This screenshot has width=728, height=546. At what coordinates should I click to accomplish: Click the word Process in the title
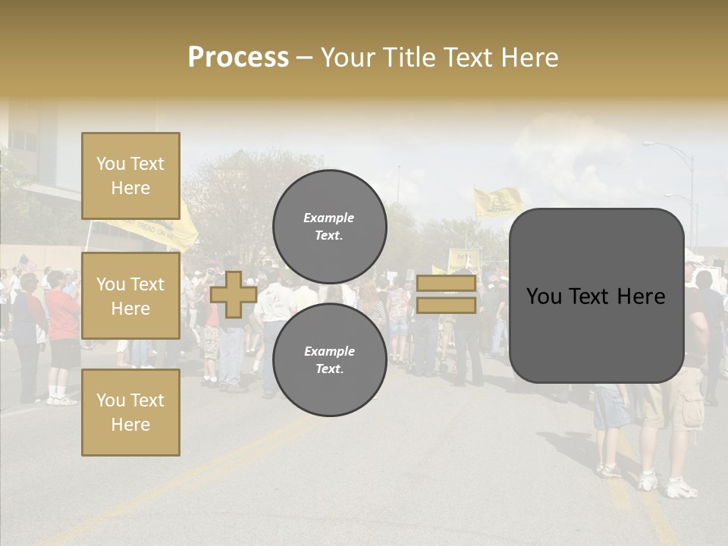238,58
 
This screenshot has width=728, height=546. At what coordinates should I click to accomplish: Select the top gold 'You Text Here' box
130,176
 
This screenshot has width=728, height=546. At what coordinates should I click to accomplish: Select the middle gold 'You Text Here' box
130,296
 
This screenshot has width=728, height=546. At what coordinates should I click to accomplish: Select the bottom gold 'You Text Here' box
130,412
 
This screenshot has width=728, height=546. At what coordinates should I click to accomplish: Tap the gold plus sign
234,294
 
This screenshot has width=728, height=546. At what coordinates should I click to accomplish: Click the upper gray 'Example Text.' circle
329,227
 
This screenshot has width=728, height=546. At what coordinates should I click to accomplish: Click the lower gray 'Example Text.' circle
329,360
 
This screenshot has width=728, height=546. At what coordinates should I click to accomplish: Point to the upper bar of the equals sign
446,284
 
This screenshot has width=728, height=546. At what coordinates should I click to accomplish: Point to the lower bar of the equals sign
446,306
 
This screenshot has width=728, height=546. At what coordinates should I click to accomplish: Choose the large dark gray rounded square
596,296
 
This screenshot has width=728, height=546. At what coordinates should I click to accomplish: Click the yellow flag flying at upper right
497,202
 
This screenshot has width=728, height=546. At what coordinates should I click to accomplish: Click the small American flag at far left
27,263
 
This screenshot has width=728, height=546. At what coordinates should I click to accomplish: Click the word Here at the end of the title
531,58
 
